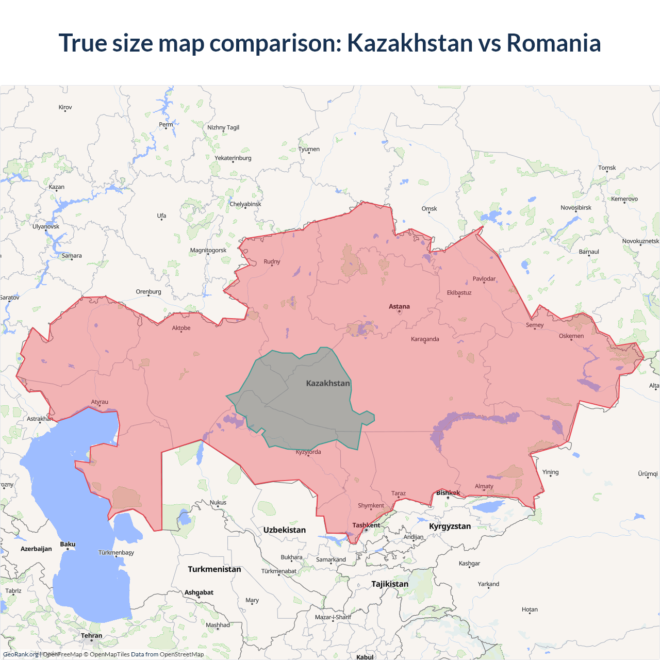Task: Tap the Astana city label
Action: [x=399, y=306]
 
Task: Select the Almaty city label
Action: [x=484, y=486]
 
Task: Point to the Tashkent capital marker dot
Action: [x=367, y=530]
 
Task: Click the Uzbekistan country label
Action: [x=284, y=530]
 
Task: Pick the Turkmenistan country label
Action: [x=214, y=569]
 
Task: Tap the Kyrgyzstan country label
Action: [x=450, y=526]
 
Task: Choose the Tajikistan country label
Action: [x=390, y=584]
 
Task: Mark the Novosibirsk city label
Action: [x=576, y=208]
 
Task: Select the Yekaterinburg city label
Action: [x=233, y=158]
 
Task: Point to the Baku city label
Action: [x=68, y=544]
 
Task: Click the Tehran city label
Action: [x=91, y=636]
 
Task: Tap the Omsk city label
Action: [x=429, y=209]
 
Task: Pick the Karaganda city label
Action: [x=425, y=339]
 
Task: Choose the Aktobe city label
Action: [x=181, y=328]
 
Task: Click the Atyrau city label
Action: [x=100, y=402]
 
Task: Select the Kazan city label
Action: [x=57, y=187]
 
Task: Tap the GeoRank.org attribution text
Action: [x=21, y=654]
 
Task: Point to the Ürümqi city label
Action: [x=648, y=474]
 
